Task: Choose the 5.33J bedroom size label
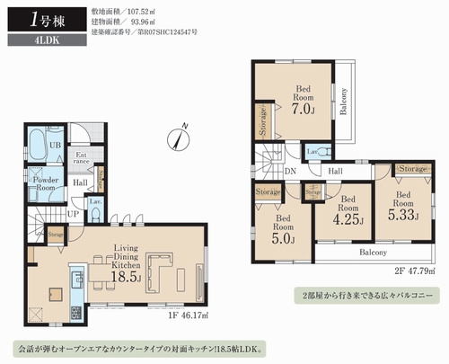(x=401, y=215)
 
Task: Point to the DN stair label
(x=291, y=170)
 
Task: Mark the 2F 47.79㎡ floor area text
(x=407, y=267)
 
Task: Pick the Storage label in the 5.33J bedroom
(x=412, y=168)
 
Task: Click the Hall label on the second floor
(x=335, y=170)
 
